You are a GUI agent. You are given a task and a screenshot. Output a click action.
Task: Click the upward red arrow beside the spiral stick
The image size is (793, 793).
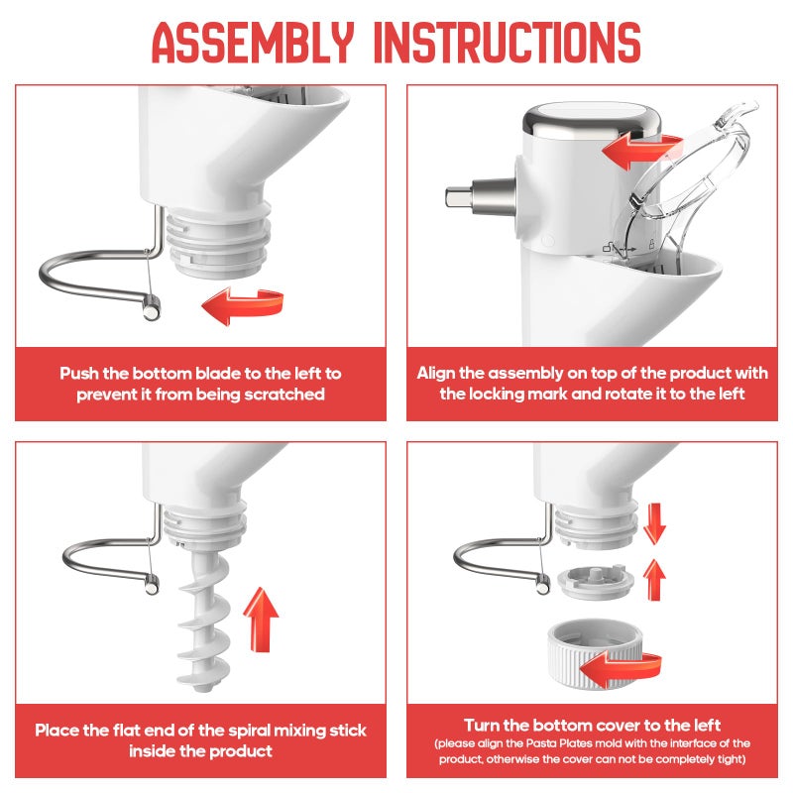(x=262, y=617)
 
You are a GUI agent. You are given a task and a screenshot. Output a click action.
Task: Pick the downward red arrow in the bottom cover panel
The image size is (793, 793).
(x=653, y=522)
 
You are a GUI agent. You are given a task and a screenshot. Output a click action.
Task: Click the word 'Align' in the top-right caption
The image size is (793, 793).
(x=437, y=374)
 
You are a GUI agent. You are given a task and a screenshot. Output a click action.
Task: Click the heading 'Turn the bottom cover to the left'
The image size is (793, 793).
(x=592, y=725)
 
